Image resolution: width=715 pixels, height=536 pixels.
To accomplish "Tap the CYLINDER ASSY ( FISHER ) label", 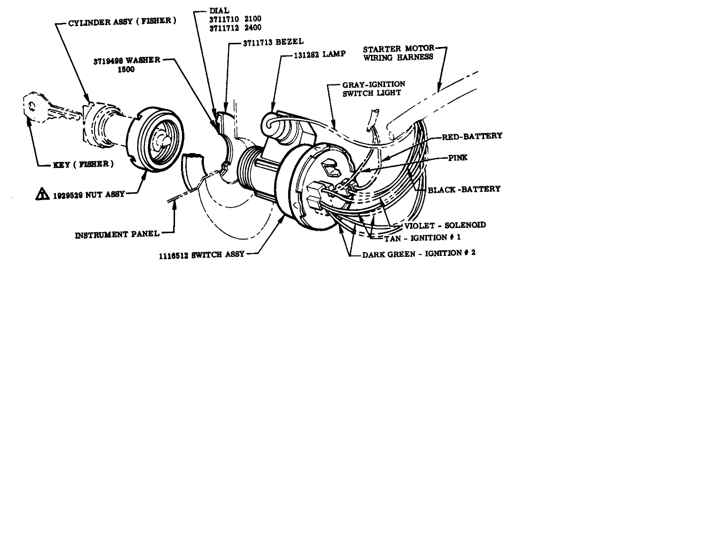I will pos(122,22).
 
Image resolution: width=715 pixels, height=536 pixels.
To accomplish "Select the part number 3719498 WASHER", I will pos(127,60).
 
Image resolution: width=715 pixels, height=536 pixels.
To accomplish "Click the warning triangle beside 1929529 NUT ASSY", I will pos(42,194).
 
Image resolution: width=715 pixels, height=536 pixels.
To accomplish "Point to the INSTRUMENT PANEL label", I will pos(117,235).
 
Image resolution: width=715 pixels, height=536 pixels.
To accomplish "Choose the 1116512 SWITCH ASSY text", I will pos(201,255).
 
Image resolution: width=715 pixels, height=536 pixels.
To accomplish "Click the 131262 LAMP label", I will pos(320,54).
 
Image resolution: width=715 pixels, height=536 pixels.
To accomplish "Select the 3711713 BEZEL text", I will pos(273,43).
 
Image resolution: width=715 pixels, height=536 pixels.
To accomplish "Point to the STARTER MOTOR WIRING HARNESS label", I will pos(398,53).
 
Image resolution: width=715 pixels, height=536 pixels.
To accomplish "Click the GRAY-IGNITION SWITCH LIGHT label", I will pos(373,88).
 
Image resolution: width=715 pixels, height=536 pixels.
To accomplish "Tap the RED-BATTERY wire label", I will pos(472,136).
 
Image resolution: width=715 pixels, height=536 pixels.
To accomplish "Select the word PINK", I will pos(458,158).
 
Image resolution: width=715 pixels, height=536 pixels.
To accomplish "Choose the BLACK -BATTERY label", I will pos(464,189).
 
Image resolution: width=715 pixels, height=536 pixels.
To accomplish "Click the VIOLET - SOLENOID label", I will pos(445,225).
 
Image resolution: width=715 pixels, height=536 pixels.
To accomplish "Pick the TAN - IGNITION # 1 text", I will pos(422,238).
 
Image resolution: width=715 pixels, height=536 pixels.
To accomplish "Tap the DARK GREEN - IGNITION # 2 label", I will pos(418,254).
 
